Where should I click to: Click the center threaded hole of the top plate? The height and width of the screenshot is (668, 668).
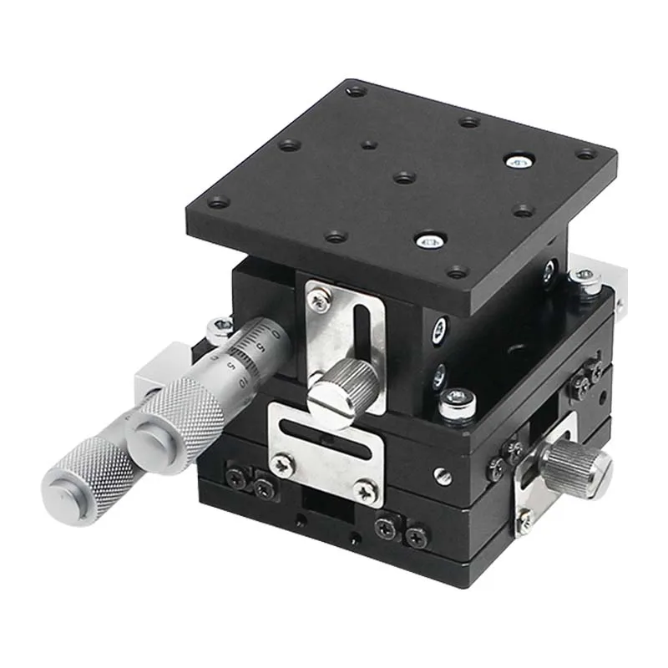(404, 177)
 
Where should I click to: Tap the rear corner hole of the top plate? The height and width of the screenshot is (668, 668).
(356, 89)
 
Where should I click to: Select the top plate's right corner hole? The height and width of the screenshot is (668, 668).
(587, 154)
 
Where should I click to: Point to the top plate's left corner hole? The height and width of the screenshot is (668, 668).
(218, 201)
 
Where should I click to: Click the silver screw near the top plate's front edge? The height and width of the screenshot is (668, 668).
(431, 240)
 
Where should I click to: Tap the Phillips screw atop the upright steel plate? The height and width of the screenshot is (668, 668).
(319, 296)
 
